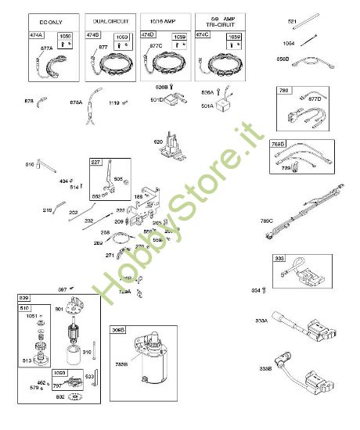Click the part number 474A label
coord(38,36)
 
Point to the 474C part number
coord(203,36)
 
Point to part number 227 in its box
coord(96,162)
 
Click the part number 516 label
coord(30,165)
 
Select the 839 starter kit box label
coord(23,299)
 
